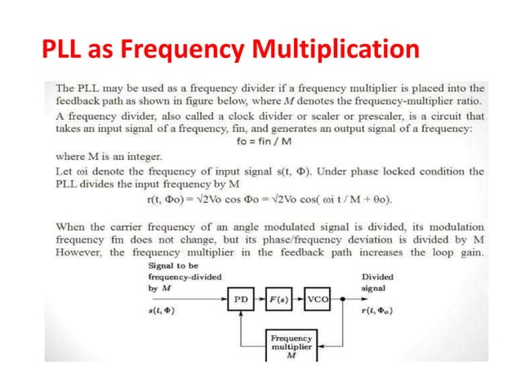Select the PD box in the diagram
241,301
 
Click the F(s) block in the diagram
280,301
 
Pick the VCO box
319,301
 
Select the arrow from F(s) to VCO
300,301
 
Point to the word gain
471,252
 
